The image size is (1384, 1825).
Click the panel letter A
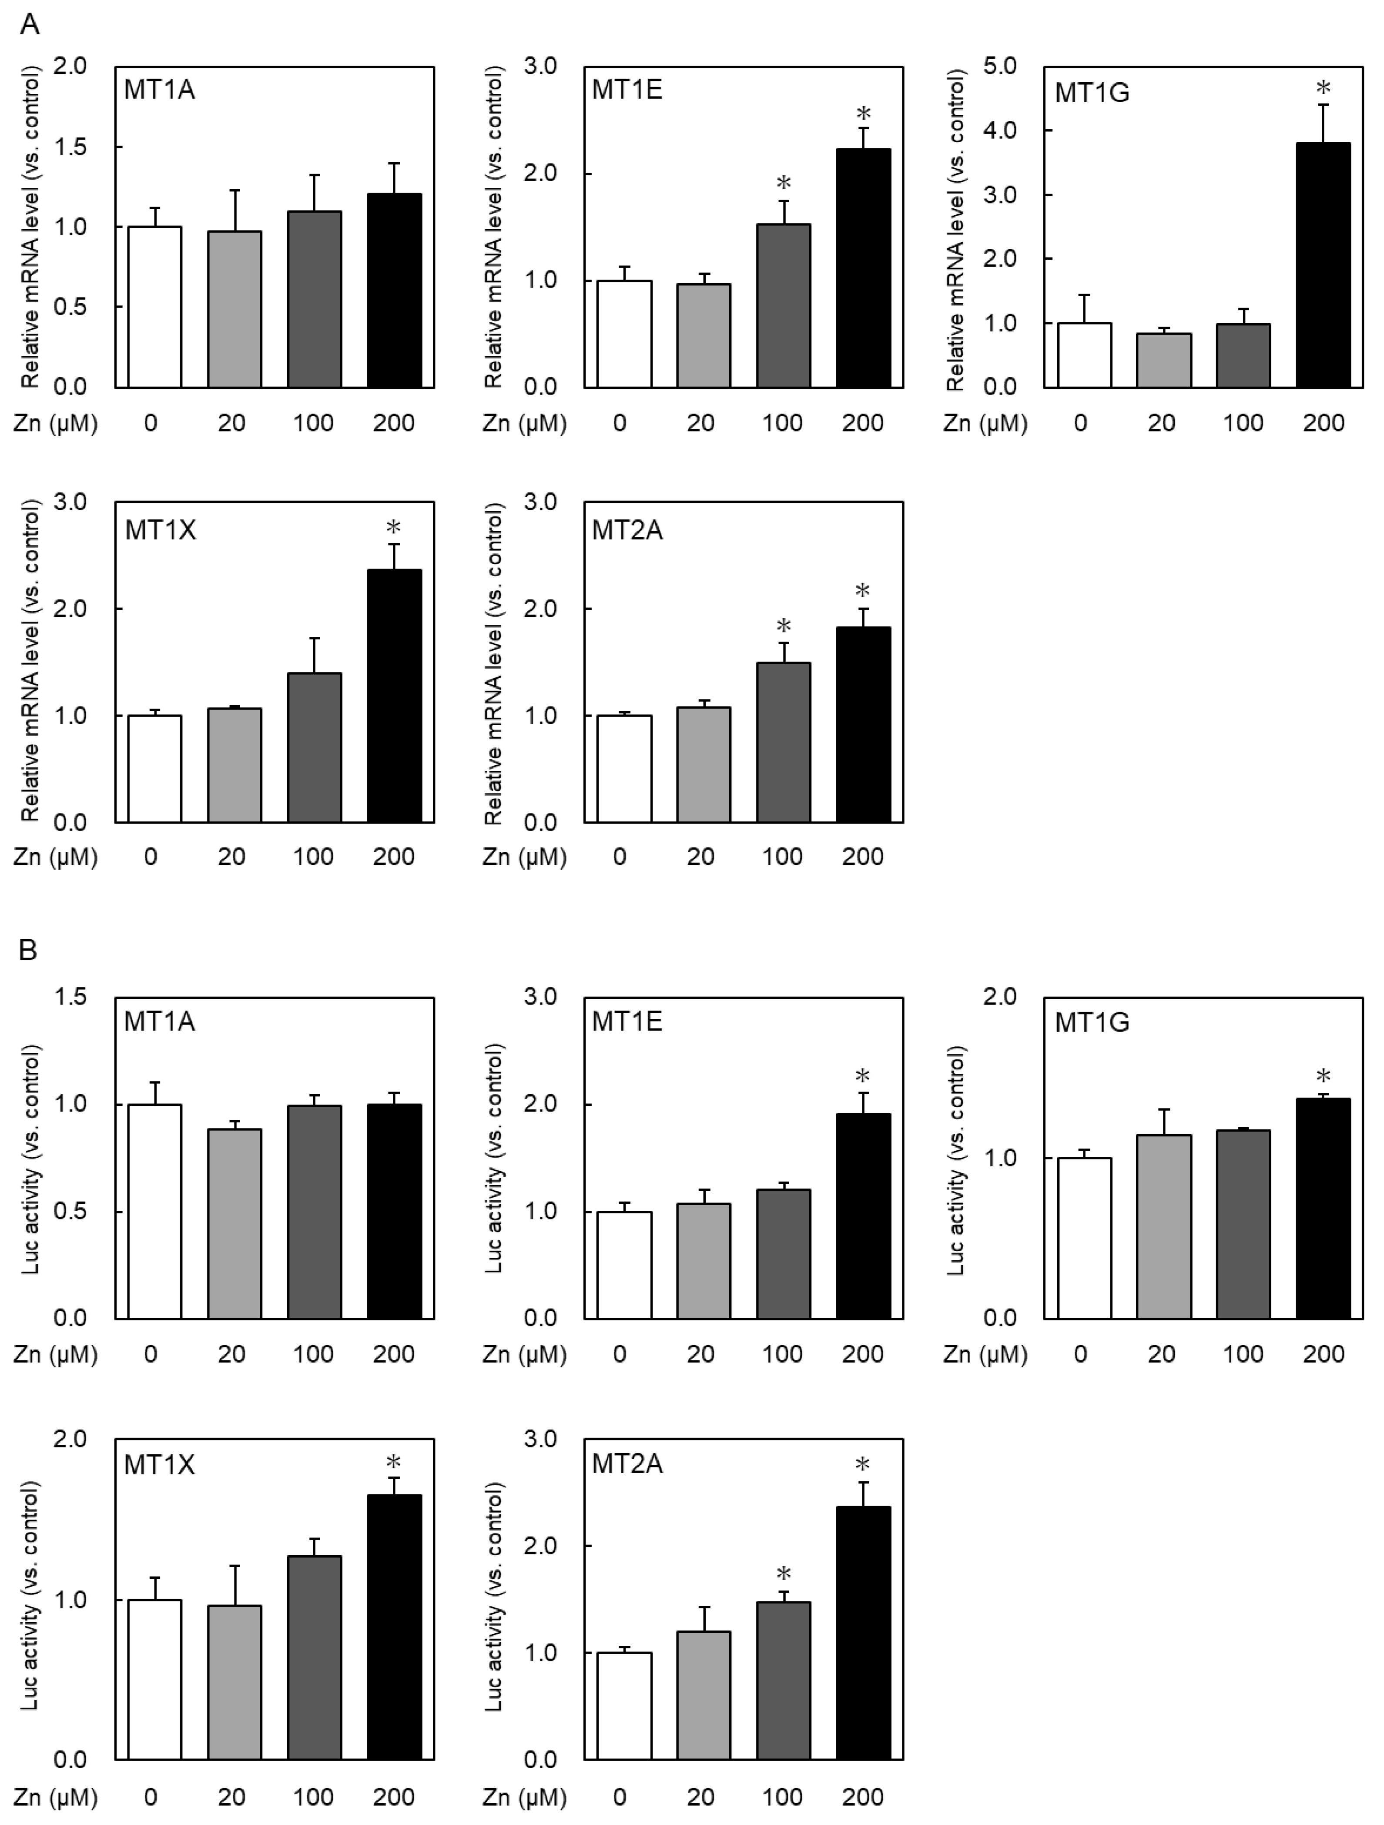click(x=29, y=25)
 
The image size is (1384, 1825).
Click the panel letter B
click(x=27, y=951)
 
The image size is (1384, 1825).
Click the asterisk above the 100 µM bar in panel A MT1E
click(x=783, y=183)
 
